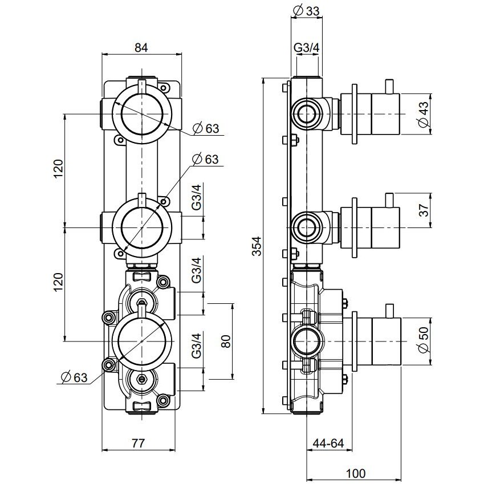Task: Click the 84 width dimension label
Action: tap(141, 48)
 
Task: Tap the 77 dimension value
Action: tap(139, 442)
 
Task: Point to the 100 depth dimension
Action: tap(355, 473)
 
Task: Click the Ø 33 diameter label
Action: tap(306, 10)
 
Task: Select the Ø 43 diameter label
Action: tap(422, 115)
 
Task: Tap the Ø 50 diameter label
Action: tap(422, 340)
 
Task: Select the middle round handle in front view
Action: tap(141, 227)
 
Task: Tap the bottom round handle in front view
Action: tap(141, 340)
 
